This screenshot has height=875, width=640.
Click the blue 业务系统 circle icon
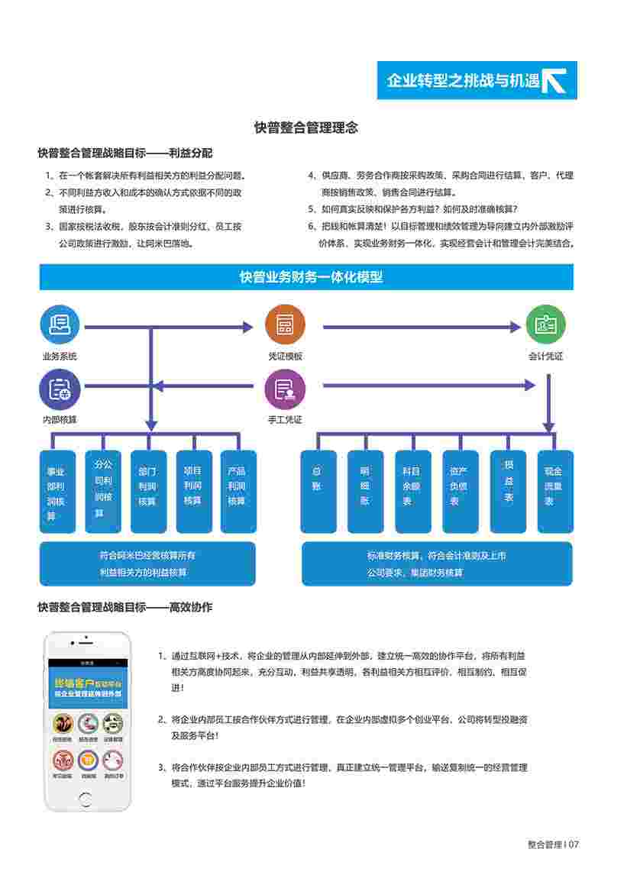(x=60, y=324)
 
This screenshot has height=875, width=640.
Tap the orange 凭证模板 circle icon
(x=285, y=324)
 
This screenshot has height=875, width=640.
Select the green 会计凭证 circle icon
(x=546, y=324)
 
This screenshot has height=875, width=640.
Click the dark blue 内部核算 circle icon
(x=60, y=389)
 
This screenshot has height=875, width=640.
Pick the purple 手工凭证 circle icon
(x=285, y=389)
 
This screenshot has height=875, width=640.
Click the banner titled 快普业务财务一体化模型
(x=306, y=277)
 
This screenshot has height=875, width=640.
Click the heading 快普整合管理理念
(x=306, y=128)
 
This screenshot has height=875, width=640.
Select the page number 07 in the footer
(x=574, y=844)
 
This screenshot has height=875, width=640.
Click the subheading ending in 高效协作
(x=125, y=608)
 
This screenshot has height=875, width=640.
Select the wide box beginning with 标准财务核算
(x=437, y=563)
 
